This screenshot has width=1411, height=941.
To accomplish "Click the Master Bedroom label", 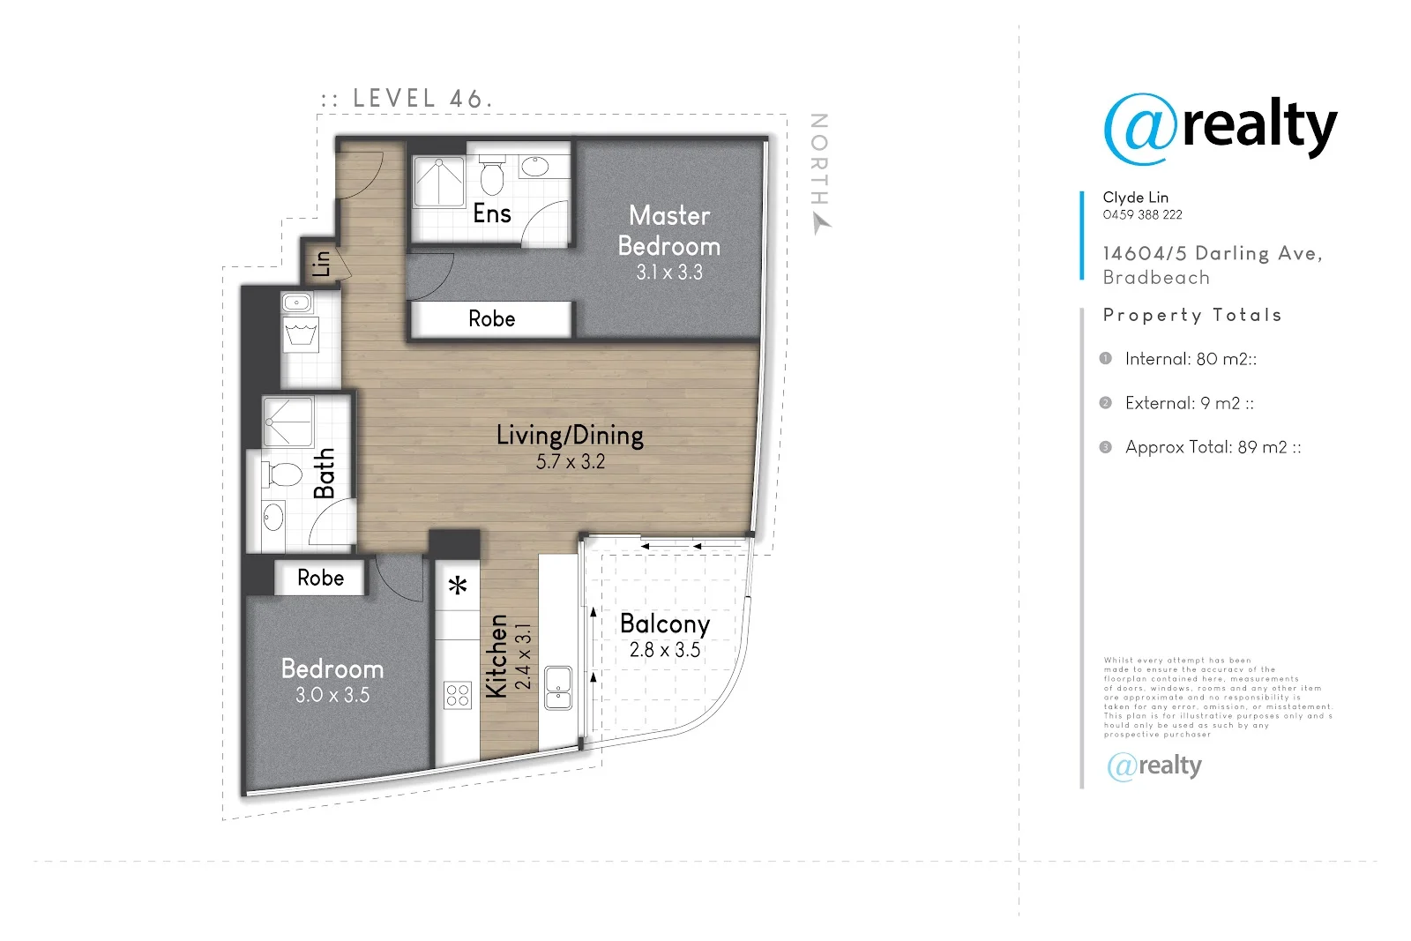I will click(x=669, y=231).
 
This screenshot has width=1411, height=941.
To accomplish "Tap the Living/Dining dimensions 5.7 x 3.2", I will click(x=571, y=461).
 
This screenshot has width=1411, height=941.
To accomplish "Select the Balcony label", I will click(x=665, y=624).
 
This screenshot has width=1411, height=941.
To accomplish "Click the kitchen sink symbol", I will click(x=558, y=689).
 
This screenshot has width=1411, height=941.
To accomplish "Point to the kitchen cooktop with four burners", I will click(x=458, y=695).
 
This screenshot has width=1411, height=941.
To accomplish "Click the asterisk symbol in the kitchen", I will click(x=458, y=586).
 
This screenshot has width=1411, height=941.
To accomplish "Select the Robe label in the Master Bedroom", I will click(x=491, y=318).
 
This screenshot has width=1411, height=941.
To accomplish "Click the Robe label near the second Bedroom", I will click(x=320, y=578).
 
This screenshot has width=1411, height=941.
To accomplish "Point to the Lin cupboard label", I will click(x=321, y=263).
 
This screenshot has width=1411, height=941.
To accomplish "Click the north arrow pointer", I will click(x=821, y=225).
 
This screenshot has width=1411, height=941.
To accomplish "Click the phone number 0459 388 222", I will click(x=1142, y=214).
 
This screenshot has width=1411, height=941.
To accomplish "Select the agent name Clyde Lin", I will click(x=1135, y=197).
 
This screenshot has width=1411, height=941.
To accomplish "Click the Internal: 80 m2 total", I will click(x=1190, y=359).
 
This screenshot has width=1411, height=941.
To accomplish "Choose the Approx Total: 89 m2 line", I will click(x=1212, y=447).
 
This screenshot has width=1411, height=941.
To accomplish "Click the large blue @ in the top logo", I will click(x=1139, y=130).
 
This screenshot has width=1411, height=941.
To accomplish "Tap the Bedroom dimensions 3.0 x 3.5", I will click(x=332, y=695).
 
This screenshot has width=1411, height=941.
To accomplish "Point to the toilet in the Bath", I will click(x=284, y=474).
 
